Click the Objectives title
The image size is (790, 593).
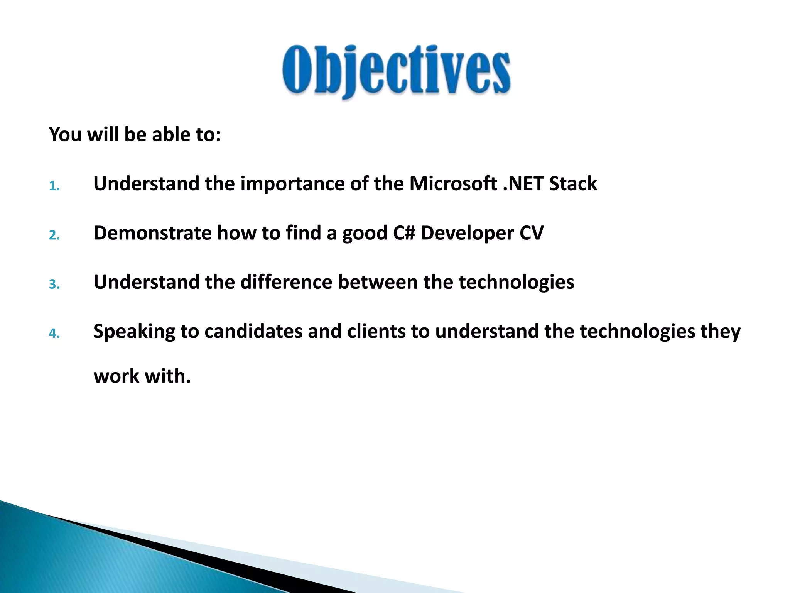(x=397, y=71)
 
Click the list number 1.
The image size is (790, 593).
(x=54, y=186)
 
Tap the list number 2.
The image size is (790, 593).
(x=54, y=235)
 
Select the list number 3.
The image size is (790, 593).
(x=54, y=285)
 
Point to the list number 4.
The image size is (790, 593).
(x=54, y=334)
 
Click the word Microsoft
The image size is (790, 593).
(x=453, y=183)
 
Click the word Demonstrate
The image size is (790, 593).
(x=152, y=233)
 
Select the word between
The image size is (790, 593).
(x=378, y=282)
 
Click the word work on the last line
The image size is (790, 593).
(x=116, y=376)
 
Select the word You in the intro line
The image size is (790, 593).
(x=65, y=134)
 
